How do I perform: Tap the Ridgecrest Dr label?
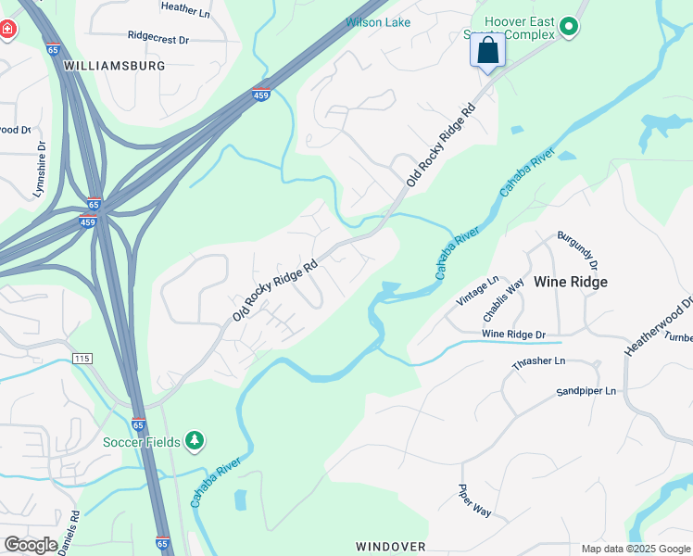pyautogui.click(x=158, y=39)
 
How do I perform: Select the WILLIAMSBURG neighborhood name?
pyautogui.click(x=115, y=66)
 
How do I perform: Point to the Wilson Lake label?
pyautogui.click(x=378, y=22)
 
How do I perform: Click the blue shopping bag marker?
pyautogui.click(x=487, y=51)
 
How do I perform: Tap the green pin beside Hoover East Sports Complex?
pyautogui.click(x=570, y=28)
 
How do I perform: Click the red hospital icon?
pyautogui.click(x=7, y=30)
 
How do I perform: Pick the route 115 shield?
pyautogui.click(x=82, y=358)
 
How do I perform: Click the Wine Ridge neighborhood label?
pyautogui.click(x=572, y=282)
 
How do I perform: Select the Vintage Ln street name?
pyautogui.click(x=478, y=291)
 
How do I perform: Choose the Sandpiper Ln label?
pyautogui.click(x=586, y=391)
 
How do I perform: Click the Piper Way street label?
pyautogui.click(x=475, y=500)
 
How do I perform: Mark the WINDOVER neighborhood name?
pyautogui.click(x=391, y=547)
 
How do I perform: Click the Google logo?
pyautogui.click(x=31, y=545)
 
